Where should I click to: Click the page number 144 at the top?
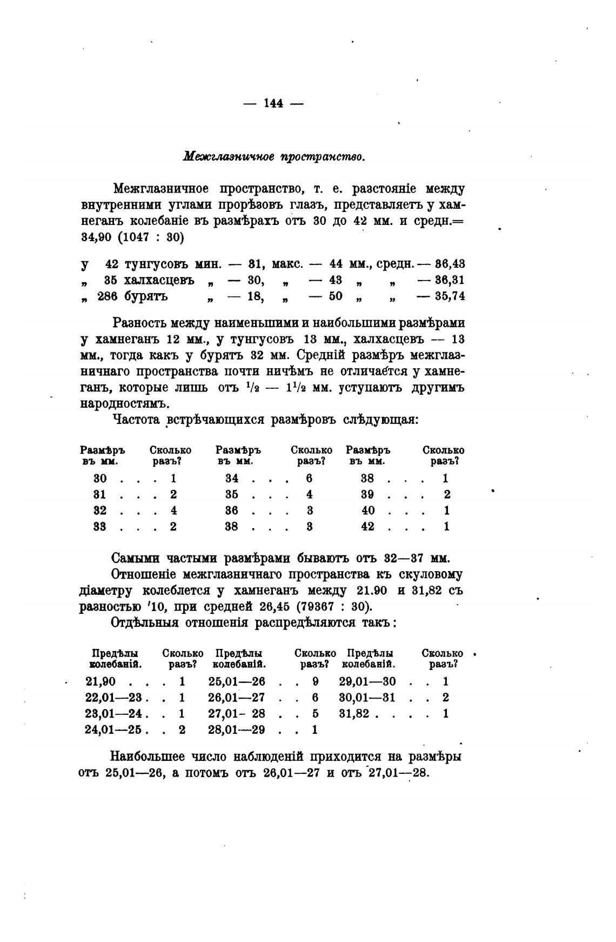pos(274,103)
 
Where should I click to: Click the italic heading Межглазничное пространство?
pos(274,157)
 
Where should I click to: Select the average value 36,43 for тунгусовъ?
pos(450,264)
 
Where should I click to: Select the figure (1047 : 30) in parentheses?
pos(149,237)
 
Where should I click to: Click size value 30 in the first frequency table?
pos(100,479)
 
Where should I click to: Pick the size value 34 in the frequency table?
pos(231,479)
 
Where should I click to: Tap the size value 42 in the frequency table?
pos(367,526)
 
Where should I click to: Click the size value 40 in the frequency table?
pos(367,510)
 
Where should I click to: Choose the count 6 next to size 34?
pos(309,479)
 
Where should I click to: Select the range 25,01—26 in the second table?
pos(237,681)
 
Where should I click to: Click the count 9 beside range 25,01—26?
pos(316,681)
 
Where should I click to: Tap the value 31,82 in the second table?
pos(354,713)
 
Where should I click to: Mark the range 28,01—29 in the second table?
pos(237,729)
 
